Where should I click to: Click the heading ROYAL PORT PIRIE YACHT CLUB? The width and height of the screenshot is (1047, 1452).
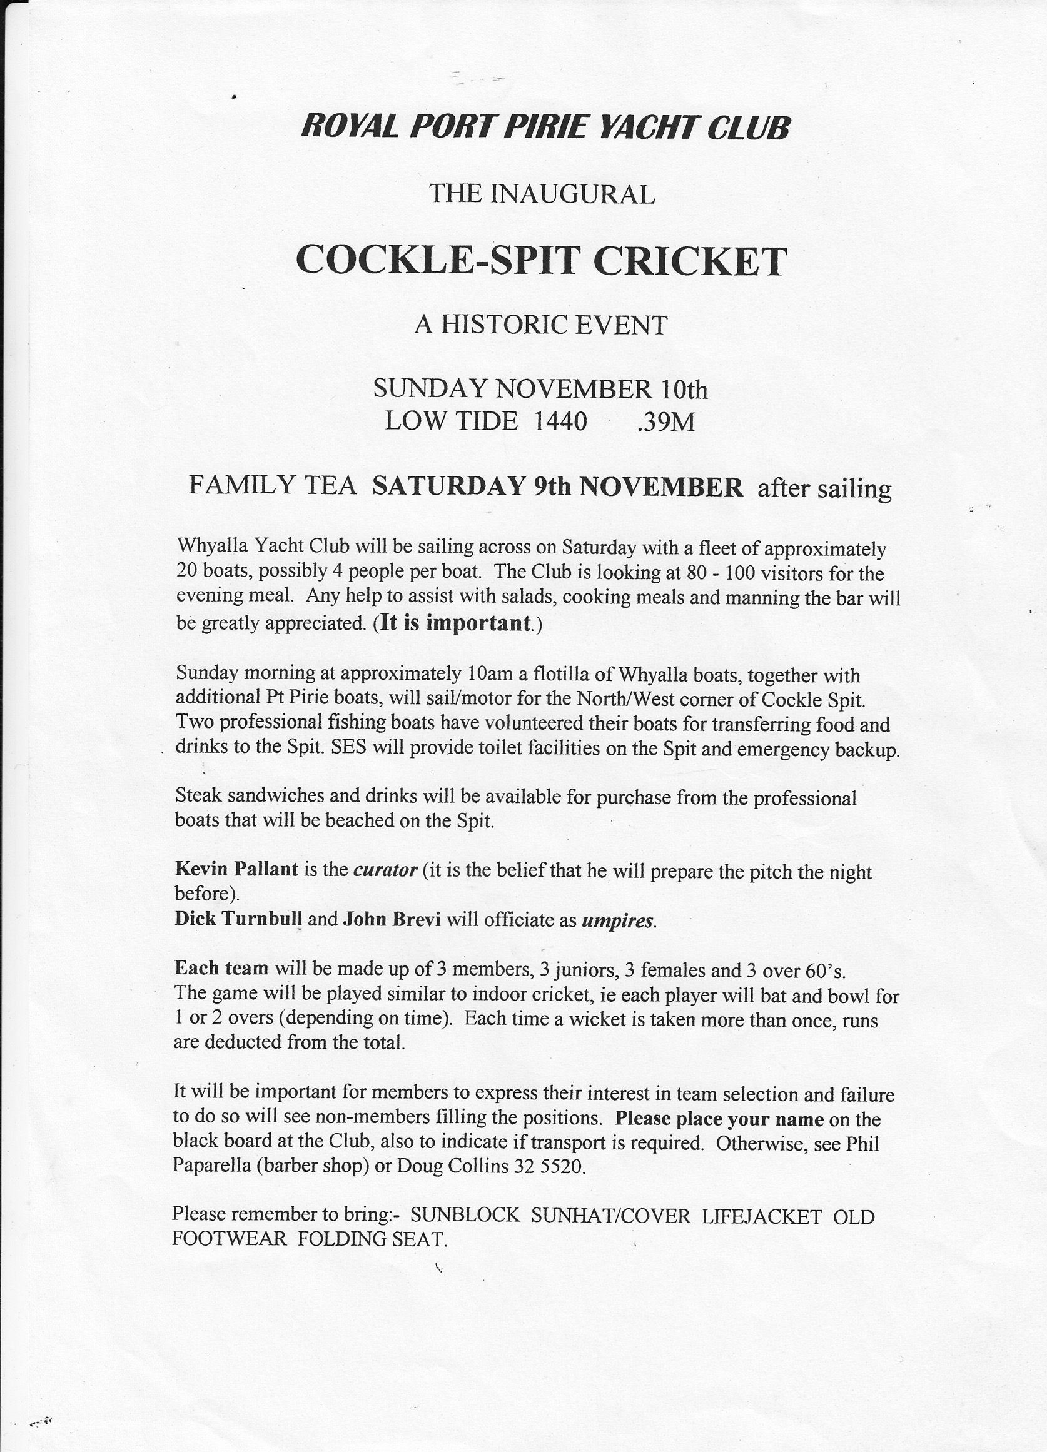545,127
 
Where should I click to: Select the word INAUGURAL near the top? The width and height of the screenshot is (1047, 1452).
572,194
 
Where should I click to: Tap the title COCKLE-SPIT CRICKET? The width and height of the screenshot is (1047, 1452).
541,261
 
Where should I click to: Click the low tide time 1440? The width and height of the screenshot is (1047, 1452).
560,422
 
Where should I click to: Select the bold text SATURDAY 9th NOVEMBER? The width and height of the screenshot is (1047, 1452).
558,488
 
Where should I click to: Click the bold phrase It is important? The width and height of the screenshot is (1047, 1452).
456,623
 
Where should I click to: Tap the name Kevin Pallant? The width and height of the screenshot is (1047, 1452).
236,869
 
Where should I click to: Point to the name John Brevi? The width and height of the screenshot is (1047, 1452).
392,920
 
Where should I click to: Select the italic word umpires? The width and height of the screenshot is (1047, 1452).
618,921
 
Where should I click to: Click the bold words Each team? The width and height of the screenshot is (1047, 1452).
221,968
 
